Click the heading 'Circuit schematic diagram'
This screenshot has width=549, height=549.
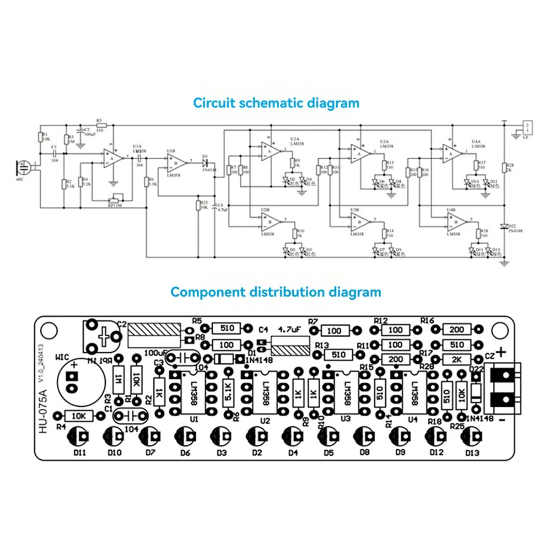pyautogui.click(x=276, y=102)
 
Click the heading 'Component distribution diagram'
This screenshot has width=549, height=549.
pyautogui.click(x=275, y=292)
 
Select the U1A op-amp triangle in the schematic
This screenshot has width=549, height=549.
pyautogui.click(x=113, y=158)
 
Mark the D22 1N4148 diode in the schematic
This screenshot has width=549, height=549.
pyautogui.click(x=504, y=226)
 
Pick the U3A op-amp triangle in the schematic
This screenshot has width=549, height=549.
pyautogui.click(x=361, y=154)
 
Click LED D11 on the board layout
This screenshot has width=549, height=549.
pyautogui.click(x=80, y=436)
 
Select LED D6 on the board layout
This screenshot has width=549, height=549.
pyautogui.click(x=185, y=436)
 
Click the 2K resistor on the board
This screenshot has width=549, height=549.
pyautogui.click(x=457, y=360)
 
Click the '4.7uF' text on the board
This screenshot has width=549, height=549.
pyautogui.click(x=289, y=329)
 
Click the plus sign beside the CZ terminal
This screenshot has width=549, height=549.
pyautogui.click(x=502, y=352)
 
